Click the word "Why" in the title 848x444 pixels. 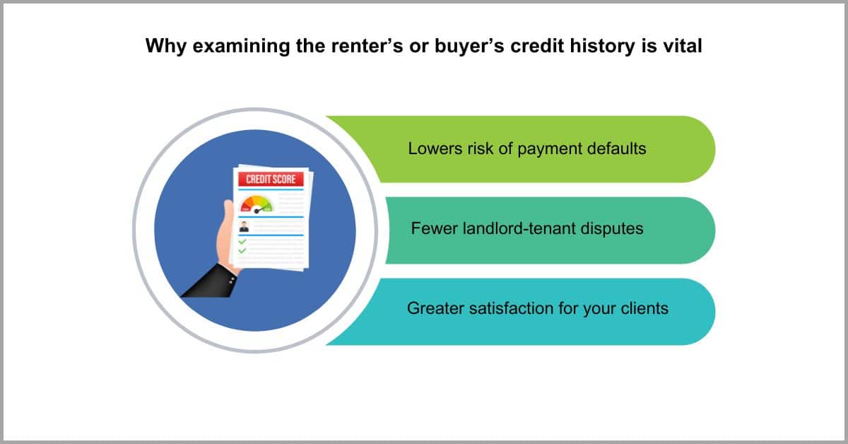166,46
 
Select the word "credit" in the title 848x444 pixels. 537,46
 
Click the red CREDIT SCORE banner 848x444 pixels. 271,179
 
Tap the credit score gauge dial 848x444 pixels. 257,204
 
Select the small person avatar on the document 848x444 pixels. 245,226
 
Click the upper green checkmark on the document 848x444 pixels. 242,241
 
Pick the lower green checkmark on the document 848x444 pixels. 242,250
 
